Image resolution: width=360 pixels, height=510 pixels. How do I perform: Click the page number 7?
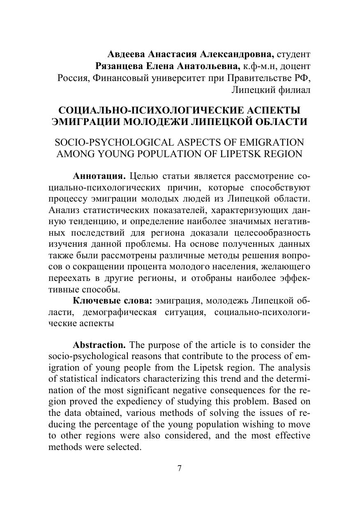[x=180, y=468]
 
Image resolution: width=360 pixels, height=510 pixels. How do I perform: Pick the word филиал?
[x=294, y=90]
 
